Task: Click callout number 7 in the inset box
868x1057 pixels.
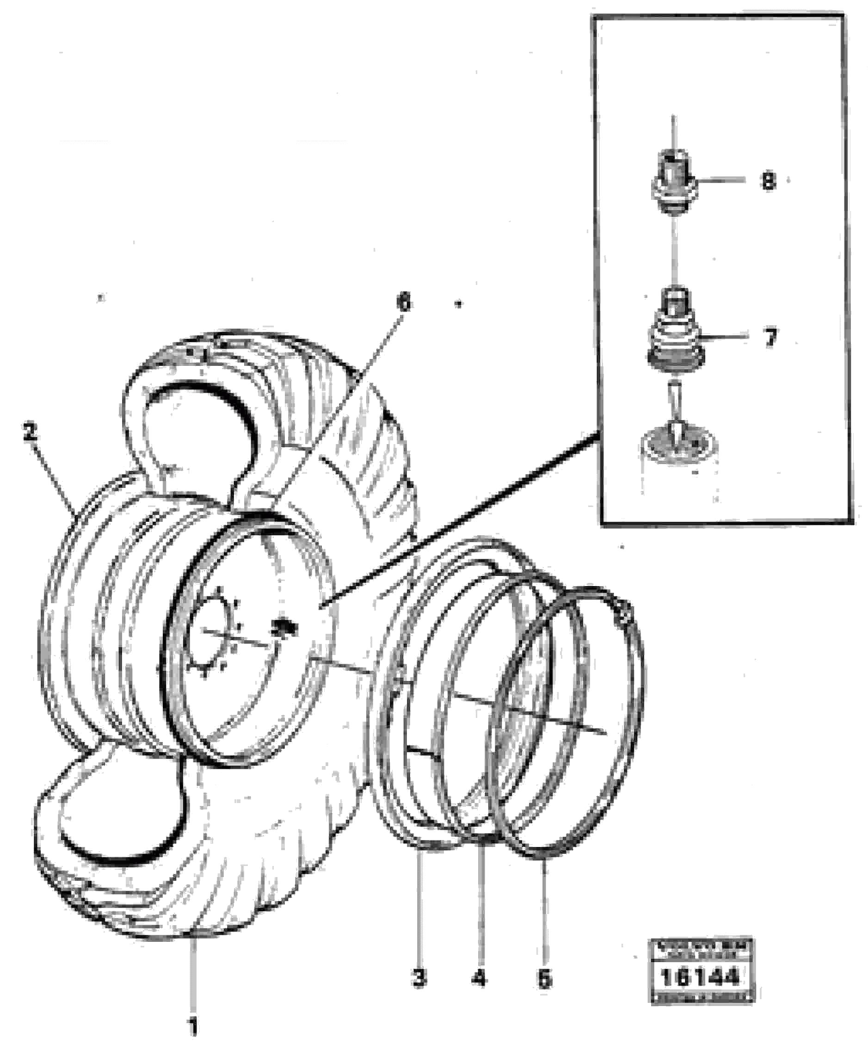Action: tap(770, 338)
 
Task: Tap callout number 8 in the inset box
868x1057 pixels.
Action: tap(769, 181)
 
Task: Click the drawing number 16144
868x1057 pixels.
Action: tap(700, 977)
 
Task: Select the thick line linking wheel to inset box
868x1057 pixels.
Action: tap(460, 520)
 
